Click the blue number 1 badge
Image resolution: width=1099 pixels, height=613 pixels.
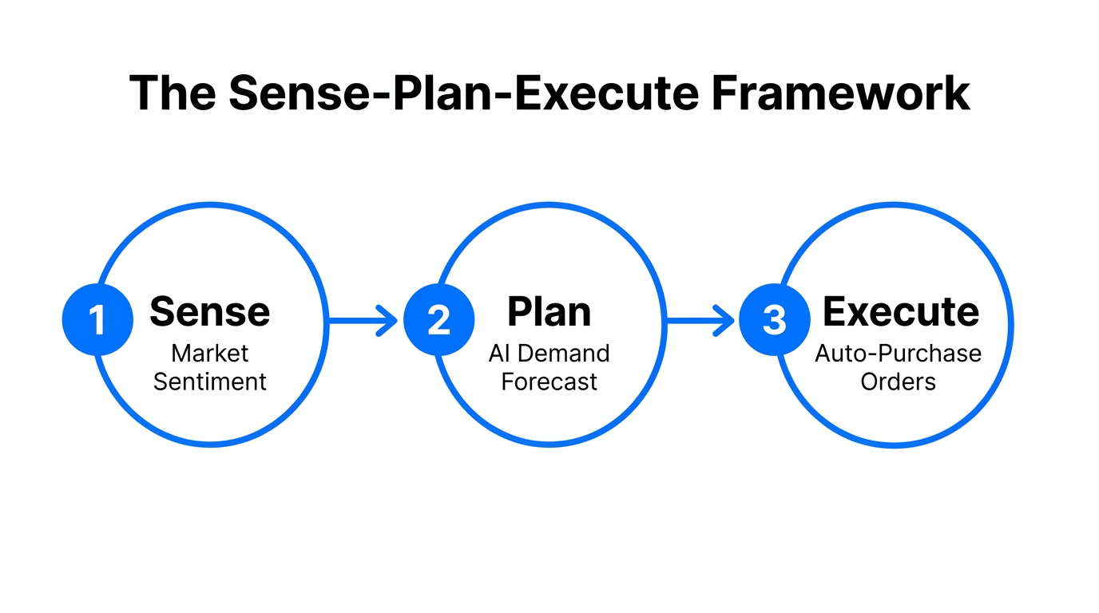[x=97, y=320]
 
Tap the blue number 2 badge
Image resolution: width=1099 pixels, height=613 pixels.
[x=438, y=320]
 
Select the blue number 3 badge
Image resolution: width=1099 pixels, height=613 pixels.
[x=774, y=320]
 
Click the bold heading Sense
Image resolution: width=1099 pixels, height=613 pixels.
[x=209, y=311]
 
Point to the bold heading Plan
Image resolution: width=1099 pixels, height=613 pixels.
[x=549, y=311]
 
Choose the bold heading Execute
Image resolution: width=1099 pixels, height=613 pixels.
[x=900, y=311]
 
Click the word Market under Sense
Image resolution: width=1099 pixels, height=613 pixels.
[x=210, y=354]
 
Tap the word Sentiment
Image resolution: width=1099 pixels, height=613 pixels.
[x=210, y=382]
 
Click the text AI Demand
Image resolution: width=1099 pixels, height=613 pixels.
[x=549, y=354]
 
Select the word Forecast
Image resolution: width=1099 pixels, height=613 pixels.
[x=549, y=382]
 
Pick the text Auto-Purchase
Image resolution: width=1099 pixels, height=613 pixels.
[x=898, y=354]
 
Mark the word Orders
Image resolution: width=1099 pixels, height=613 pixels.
[x=898, y=382]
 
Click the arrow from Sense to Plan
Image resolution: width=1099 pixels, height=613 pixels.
[x=363, y=321]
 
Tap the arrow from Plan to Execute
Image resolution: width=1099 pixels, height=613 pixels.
[x=700, y=321]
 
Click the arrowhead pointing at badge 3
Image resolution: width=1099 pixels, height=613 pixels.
[x=726, y=321]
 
